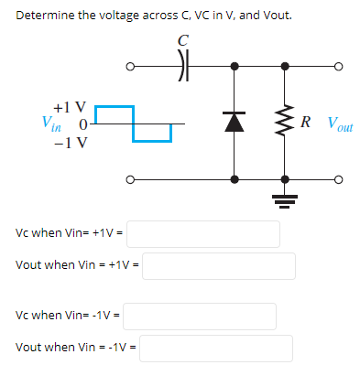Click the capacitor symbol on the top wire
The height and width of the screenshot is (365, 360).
pyautogui.click(x=181, y=66)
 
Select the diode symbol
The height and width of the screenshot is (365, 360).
pyautogui.click(x=236, y=122)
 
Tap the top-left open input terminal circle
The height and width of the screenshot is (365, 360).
pyautogui.click(x=132, y=66)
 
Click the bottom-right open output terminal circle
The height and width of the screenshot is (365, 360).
pyautogui.click(x=338, y=178)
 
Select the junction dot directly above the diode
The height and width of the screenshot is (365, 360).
pyautogui.click(x=236, y=66)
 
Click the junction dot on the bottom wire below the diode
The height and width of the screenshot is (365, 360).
pyautogui.click(x=236, y=178)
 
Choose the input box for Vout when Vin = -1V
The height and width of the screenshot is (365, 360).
pyautogui.click(x=216, y=349)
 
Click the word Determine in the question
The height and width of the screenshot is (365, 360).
pyautogui.click(x=45, y=16)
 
